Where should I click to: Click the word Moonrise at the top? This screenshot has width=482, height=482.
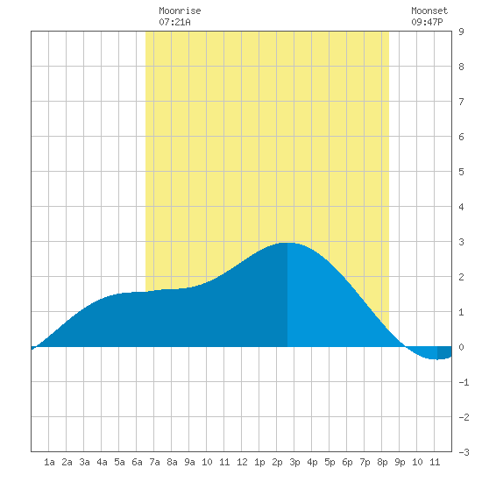click(x=180, y=11)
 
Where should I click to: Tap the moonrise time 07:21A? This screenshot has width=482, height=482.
click(x=174, y=22)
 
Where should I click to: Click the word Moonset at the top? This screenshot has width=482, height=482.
click(x=429, y=11)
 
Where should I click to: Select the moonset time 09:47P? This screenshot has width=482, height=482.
click(x=427, y=22)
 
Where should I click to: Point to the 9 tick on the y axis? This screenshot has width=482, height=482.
click(x=461, y=32)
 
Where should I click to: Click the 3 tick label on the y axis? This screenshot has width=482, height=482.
click(x=461, y=242)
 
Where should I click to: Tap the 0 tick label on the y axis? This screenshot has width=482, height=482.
click(x=461, y=347)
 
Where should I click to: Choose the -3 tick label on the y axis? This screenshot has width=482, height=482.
click(x=464, y=452)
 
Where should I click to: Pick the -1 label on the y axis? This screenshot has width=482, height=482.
click(x=464, y=382)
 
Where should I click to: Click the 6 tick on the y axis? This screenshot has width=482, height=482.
click(x=461, y=137)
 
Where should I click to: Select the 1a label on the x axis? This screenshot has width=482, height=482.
click(x=49, y=462)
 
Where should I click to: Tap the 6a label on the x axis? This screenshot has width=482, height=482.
click(x=137, y=462)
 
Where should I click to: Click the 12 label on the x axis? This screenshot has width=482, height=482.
click(x=242, y=462)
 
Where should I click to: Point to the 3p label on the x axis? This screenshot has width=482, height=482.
click(x=294, y=462)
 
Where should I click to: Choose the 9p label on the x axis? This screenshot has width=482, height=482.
click(x=400, y=462)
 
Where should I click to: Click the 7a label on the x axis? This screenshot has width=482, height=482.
click(x=154, y=462)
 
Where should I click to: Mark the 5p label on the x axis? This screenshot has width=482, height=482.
click(x=330, y=462)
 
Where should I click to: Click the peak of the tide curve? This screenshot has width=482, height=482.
click(x=287, y=243)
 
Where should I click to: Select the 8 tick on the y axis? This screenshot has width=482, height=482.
click(x=461, y=67)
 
